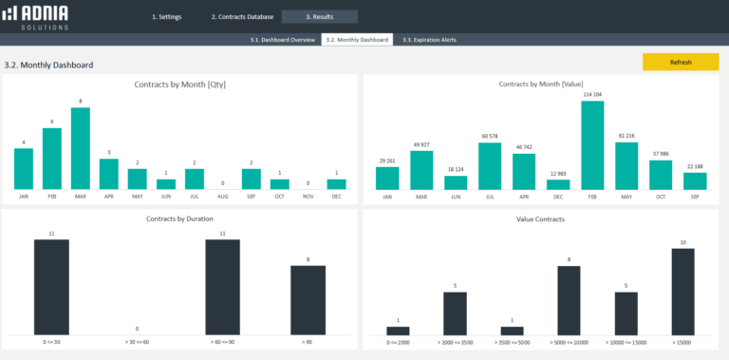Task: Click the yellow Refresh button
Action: point(680,62)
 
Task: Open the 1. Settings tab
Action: point(167,17)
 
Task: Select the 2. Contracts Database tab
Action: point(242,17)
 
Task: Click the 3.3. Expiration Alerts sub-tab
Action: point(428,40)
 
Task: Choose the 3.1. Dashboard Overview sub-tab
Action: point(282,40)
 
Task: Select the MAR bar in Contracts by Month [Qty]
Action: point(81,148)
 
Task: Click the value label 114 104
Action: point(592,94)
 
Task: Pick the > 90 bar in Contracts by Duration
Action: point(308,299)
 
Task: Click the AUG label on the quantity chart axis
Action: point(223,197)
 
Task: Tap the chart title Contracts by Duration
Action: point(179,218)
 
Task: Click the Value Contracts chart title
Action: point(542,218)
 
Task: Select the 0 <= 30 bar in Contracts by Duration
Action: point(51,286)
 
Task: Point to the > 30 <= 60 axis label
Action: point(137,341)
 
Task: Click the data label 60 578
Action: point(490,136)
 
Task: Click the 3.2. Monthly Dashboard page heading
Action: point(48,65)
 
